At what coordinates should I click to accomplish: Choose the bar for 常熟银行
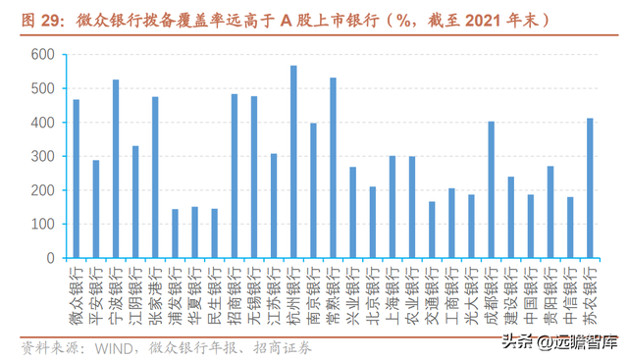[334, 168]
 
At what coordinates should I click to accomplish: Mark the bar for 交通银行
[432, 230]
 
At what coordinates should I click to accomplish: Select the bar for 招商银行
[235, 177]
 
